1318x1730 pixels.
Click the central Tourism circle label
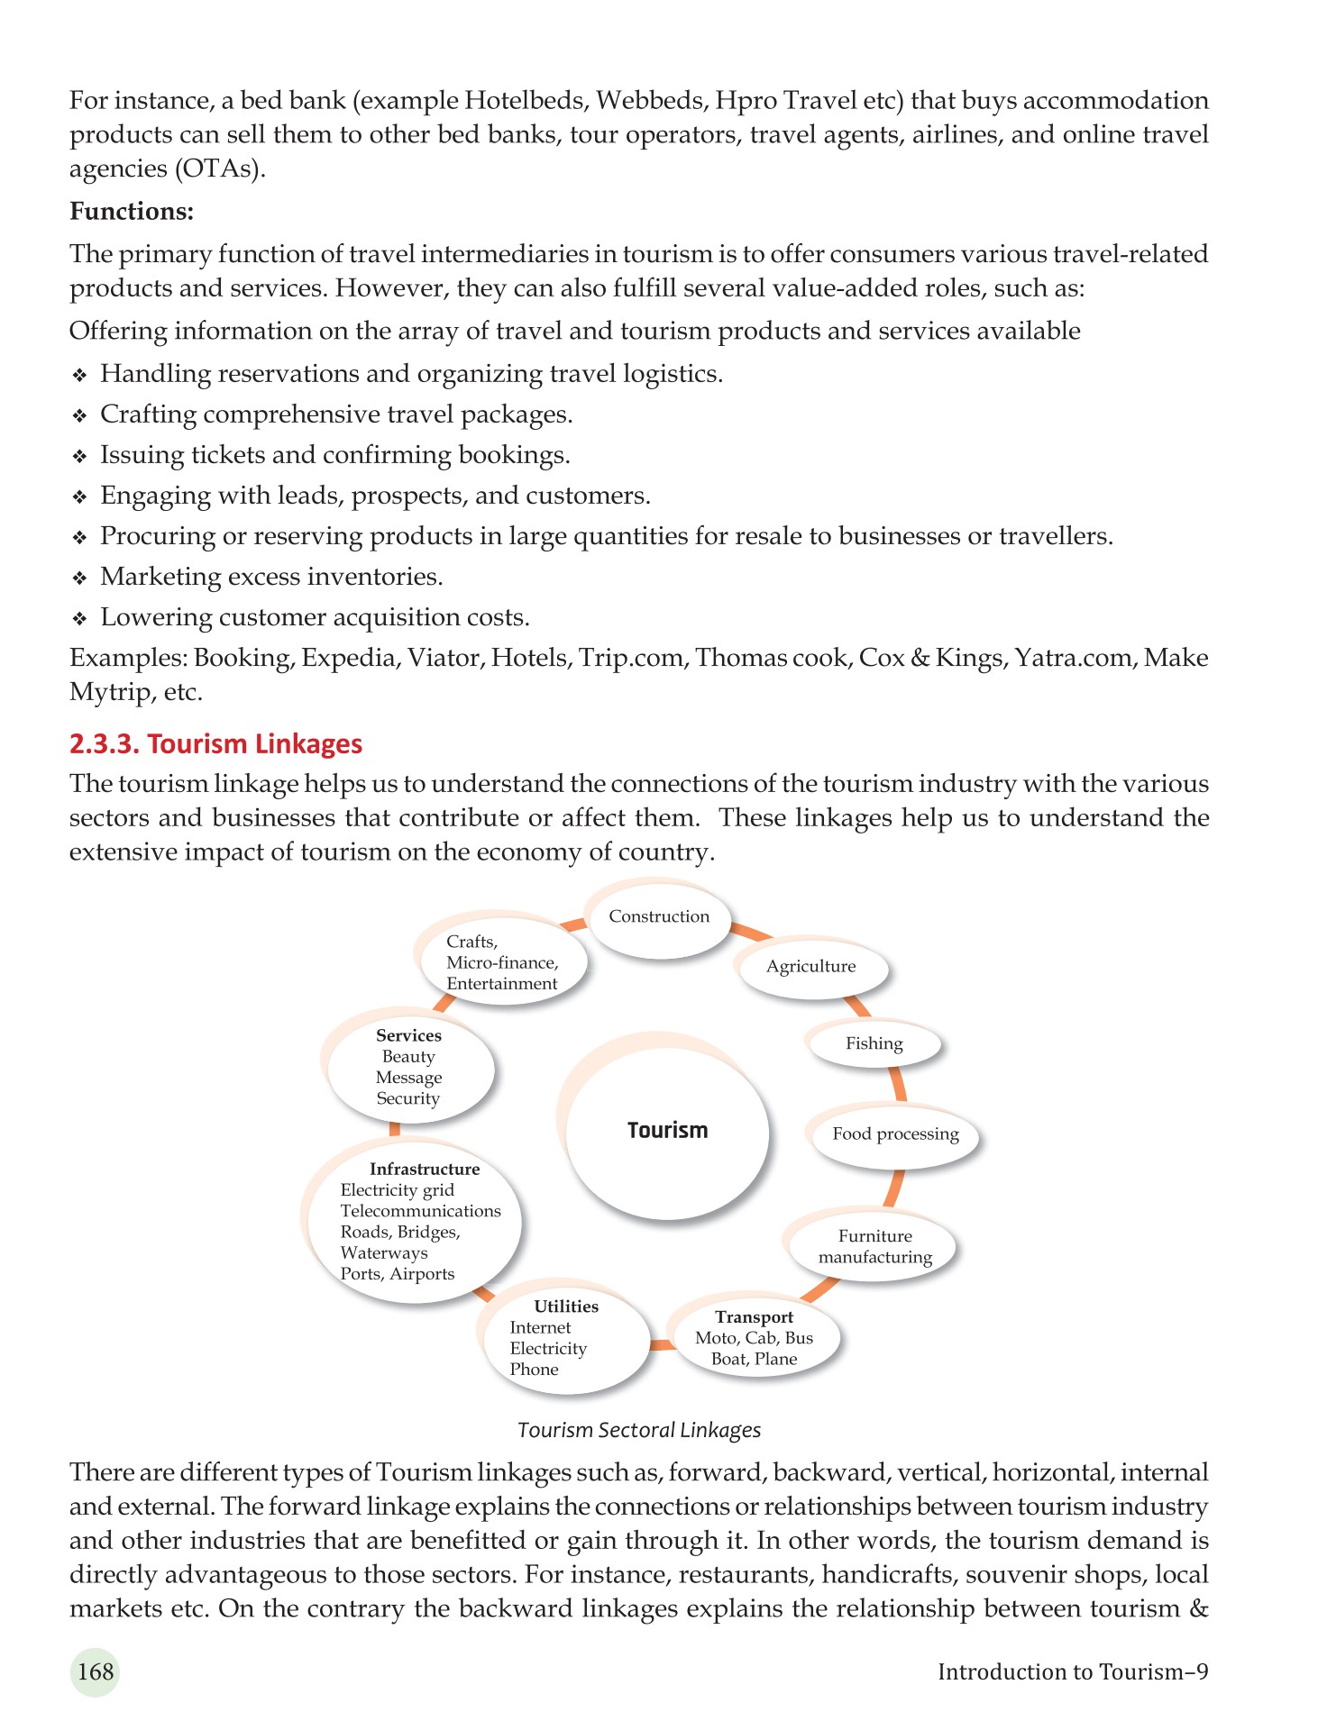pyautogui.click(x=667, y=1130)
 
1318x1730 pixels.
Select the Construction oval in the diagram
pyautogui.click(x=659, y=916)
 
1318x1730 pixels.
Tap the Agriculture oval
pyautogui.click(x=810, y=967)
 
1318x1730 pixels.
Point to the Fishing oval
pyautogui.click(x=874, y=1043)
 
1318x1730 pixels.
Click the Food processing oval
pyautogui.click(x=894, y=1134)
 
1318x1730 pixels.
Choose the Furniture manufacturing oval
pyautogui.click(x=874, y=1246)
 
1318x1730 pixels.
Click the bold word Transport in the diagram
pyautogui.click(x=754, y=1316)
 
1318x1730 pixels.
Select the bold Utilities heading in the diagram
pyautogui.click(x=566, y=1306)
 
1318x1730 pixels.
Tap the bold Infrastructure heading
pyautogui.click(x=425, y=1169)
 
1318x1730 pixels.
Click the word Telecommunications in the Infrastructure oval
pyautogui.click(x=420, y=1211)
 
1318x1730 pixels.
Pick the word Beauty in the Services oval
pyautogui.click(x=408, y=1056)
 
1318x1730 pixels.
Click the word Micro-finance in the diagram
pyautogui.click(x=502, y=962)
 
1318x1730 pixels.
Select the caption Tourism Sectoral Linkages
pyautogui.click(x=639, y=1430)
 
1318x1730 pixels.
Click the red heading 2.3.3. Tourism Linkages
pyautogui.click(x=215, y=743)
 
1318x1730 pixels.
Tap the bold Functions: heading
pyautogui.click(x=132, y=211)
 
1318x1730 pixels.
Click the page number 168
pyautogui.click(x=95, y=1671)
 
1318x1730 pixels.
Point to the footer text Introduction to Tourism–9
pyautogui.click(x=1072, y=1671)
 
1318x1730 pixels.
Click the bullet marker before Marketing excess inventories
pyautogui.click(x=79, y=578)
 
